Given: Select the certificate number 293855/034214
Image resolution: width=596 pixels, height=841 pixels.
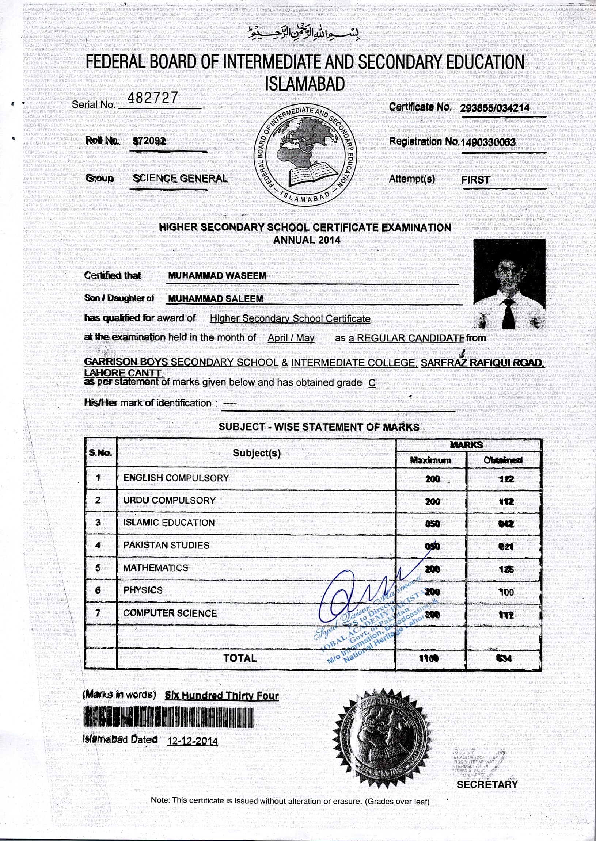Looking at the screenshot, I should click(494, 107).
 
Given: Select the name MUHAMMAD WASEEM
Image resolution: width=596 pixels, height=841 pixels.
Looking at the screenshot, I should click(217, 275).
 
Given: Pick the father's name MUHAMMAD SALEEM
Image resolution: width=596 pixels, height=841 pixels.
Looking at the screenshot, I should click(216, 299).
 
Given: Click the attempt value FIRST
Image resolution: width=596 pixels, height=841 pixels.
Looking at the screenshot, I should click(476, 180).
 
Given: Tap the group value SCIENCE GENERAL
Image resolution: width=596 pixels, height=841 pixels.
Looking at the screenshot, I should click(180, 179).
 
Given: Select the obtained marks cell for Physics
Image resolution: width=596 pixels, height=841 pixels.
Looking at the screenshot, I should click(506, 592).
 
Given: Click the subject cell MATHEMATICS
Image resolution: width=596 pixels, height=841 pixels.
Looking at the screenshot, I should click(156, 568).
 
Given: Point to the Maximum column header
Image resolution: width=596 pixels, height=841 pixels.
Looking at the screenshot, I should click(431, 460).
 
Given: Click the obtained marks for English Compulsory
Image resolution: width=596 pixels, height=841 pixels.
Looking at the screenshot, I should click(506, 479).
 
